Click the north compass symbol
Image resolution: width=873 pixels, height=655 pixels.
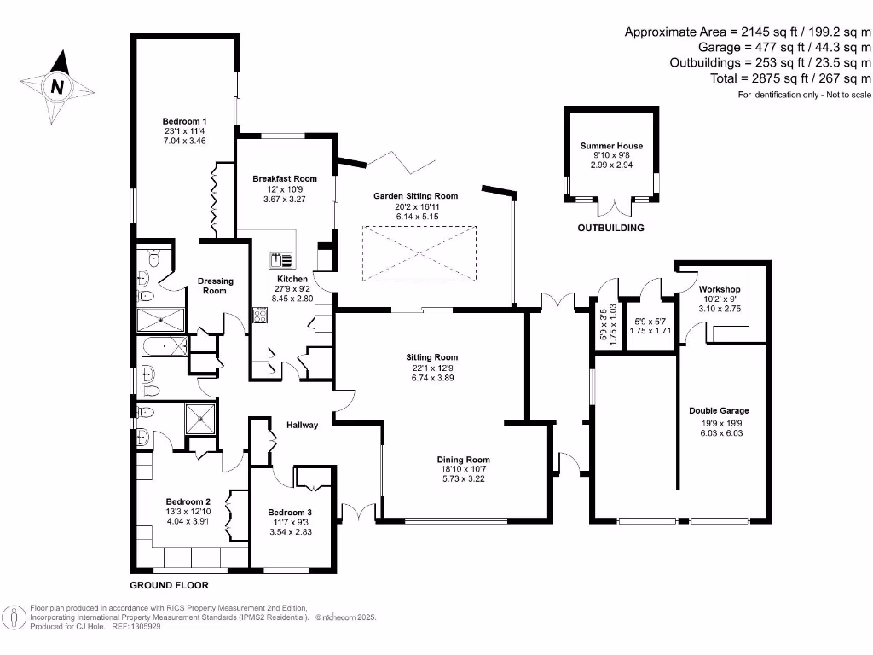click(x=58, y=85)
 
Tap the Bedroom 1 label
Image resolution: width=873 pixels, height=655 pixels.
click(x=185, y=121)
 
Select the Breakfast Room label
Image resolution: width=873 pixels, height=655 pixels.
click(x=284, y=179)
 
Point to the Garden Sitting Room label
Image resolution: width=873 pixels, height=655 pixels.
click(x=415, y=196)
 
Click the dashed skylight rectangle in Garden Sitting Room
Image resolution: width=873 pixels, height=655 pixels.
click(x=419, y=252)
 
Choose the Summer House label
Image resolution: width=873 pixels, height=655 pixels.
click(x=611, y=146)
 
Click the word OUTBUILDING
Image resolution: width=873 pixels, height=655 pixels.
click(x=610, y=229)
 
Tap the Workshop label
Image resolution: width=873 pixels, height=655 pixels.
click(x=717, y=288)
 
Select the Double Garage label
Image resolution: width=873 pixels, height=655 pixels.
click(x=719, y=411)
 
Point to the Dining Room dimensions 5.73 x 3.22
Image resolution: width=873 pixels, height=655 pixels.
click(x=464, y=479)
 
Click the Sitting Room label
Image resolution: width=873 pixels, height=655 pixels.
click(x=431, y=357)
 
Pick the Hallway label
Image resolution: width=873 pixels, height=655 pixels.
click(x=302, y=425)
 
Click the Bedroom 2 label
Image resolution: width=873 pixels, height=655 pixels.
click(x=188, y=501)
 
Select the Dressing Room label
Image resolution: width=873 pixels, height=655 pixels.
click(x=215, y=286)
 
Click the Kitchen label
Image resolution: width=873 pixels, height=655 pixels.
click(x=292, y=280)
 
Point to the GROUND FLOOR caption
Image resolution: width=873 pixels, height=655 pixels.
click(x=169, y=586)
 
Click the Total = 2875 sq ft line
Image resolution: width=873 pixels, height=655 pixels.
click(x=790, y=78)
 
